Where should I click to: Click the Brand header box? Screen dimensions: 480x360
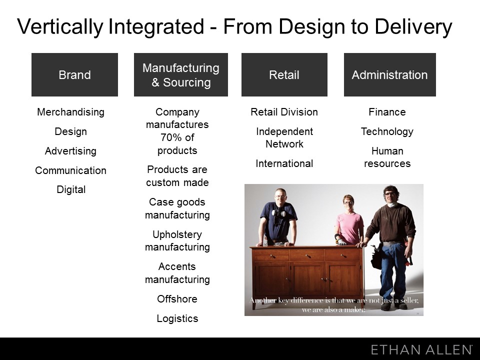point(74,74)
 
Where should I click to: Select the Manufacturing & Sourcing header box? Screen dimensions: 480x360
point(181,74)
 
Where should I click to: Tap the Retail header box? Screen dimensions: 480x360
point(284,74)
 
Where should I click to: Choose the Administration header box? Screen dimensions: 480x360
point(389,74)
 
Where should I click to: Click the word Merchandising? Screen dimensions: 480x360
point(70,112)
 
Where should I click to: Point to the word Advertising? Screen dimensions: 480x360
point(70,151)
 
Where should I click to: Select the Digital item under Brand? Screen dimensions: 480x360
point(71,190)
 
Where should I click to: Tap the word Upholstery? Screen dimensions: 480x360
point(177,235)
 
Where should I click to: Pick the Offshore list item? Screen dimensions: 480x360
point(177,299)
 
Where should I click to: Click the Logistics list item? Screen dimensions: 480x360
point(177,318)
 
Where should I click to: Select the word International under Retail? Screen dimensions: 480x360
point(284,164)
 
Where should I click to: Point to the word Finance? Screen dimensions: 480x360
point(387,112)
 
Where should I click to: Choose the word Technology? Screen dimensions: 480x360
point(387,131)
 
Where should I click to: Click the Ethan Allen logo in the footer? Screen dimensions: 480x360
point(421,349)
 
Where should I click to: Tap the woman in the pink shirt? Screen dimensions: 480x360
point(349,220)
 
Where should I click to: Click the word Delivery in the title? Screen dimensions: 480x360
point(413,27)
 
